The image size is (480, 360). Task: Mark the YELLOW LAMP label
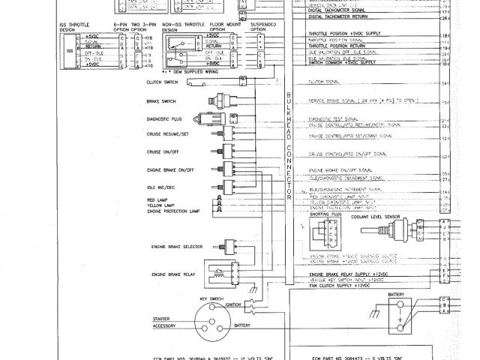tap(160, 205)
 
